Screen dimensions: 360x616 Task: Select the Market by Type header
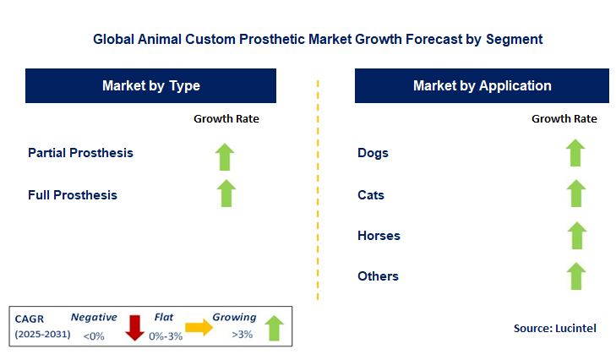click(x=151, y=85)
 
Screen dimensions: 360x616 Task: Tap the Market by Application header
click(x=482, y=85)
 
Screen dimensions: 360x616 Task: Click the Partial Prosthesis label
click(x=80, y=153)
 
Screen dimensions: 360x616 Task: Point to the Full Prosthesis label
click(x=73, y=195)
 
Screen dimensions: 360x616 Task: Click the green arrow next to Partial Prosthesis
click(x=225, y=156)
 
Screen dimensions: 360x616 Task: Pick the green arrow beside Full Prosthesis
click(x=226, y=193)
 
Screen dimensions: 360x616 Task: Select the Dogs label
click(x=373, y=153)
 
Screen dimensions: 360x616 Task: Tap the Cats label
click(x=371, y=195)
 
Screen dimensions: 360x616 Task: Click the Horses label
click(x=379, y=236)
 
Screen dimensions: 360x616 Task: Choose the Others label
click(x=378, y=276)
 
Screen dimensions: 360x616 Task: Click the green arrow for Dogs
click(x=575, y=153)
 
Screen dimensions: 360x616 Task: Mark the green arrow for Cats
click(x=575, y=194)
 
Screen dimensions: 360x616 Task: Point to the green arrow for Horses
click(x=575, y=235)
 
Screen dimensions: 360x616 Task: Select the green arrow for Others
click(x=575, y=275)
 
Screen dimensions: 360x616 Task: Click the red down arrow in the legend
click(x=134, y=327)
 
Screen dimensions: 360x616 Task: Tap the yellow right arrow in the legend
click(x=199, y=328)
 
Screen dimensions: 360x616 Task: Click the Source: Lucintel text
click(x=554, y=328)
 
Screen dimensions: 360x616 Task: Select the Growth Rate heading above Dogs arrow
click(x=564, y=119)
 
